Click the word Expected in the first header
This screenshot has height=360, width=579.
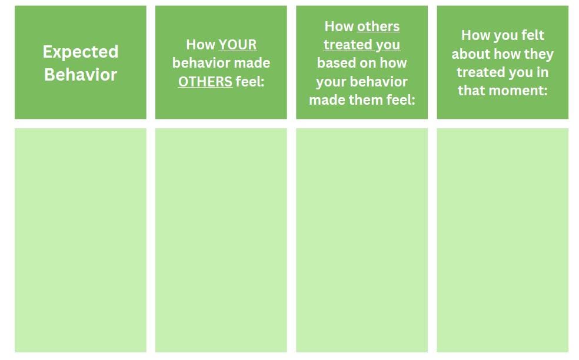point(81,52)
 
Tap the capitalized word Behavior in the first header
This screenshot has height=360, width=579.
point(81,75)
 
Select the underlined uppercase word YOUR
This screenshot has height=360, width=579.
point(238,45)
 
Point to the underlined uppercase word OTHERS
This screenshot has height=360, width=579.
point(205,82)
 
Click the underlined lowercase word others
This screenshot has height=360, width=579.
point(378,26)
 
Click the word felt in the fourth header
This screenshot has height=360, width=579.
point(533,35)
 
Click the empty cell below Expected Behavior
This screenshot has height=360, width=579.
point(81,241)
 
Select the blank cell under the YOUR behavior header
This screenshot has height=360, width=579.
point(221,241)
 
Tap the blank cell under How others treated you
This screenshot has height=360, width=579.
point(362,241)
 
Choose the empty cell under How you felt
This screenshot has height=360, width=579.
point(503,241)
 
